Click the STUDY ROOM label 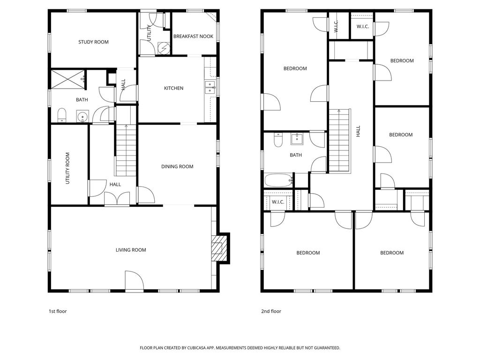pyautogui.click(x=93, y=42)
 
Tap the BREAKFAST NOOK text pyautogui.click(x=193, y=36)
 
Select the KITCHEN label pyautogui.click(x=173, y=88)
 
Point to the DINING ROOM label pyautogui.click(x=177, y=166)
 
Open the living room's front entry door pyautogui.click(x=134, y=281)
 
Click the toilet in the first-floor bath pyautogui.click(x=61, y=115)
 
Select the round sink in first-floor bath pyautogui.click(x=83, y=116)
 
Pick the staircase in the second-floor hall pyautogui.click(x=339, y=141)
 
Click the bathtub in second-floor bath pyautogui.click(x=279, y=180)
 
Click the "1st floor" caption pyautogui.click(x=58, y=311)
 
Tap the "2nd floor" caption pyautogui.click(x=271, y=311)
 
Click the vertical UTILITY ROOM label pyautogui.click(x=68, y=168)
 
